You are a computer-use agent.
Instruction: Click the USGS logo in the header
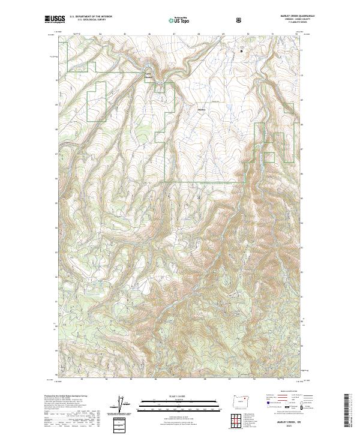(x=54, y=20)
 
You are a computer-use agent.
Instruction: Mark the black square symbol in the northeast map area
(x=242, y=52)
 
